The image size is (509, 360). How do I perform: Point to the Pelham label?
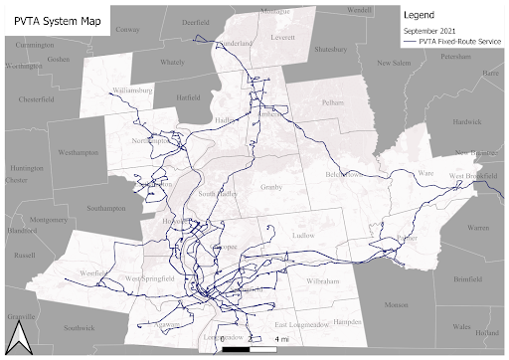tap(331, 102)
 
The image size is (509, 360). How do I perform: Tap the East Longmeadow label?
tap(299, 326)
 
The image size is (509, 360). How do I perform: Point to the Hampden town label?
tap(347, 322)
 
